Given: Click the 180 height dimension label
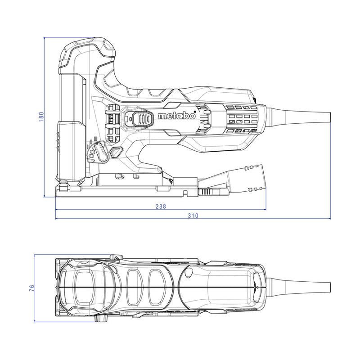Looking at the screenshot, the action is click(41, 117).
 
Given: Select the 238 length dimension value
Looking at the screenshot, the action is click(161, 207).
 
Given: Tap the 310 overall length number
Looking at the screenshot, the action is click(193, 216).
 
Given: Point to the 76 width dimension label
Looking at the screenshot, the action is click(32, 288).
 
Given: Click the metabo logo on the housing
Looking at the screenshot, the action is click(177, 116).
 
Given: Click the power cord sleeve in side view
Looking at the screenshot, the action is click(298, 117).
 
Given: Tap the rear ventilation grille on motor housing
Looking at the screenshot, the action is click(241, 119).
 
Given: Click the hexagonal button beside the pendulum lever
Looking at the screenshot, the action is click(116, 152).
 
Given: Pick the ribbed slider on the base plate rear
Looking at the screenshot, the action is click(205, 192).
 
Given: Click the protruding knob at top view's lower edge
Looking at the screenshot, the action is click(101, 318).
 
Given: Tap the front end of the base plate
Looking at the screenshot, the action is click(56, 191).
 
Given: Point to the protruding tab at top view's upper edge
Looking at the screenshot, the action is click(116, 257).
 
